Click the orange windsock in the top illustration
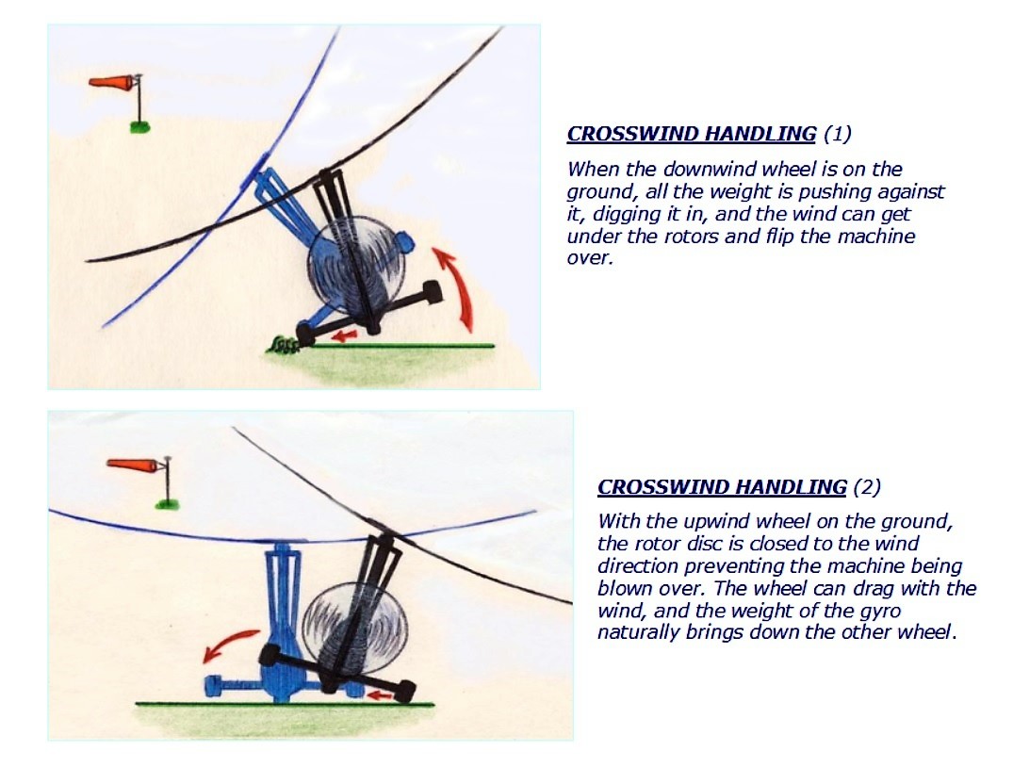[112, 83]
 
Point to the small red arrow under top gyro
[344, 334]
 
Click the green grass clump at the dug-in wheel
[282, 346]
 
